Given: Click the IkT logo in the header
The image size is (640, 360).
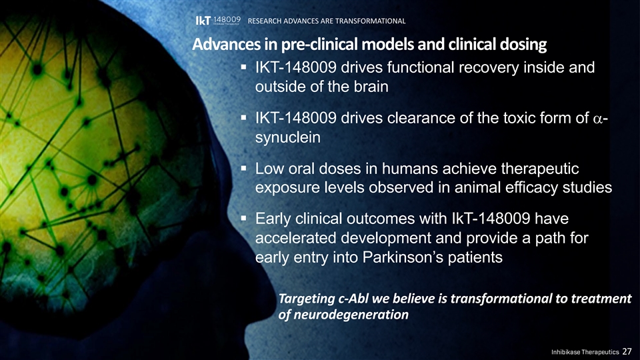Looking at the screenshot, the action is (218, 21).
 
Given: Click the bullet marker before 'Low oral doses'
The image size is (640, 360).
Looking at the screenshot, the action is (244, 168).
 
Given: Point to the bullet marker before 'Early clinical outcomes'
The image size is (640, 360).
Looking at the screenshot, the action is (244, 218).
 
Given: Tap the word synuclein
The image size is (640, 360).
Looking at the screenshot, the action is (288, 137).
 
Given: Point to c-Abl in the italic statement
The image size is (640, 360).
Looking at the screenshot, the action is (353, 299).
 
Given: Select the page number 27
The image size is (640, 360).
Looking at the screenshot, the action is (627, 351).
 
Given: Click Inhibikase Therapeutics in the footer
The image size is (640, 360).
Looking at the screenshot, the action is (585, 352).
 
